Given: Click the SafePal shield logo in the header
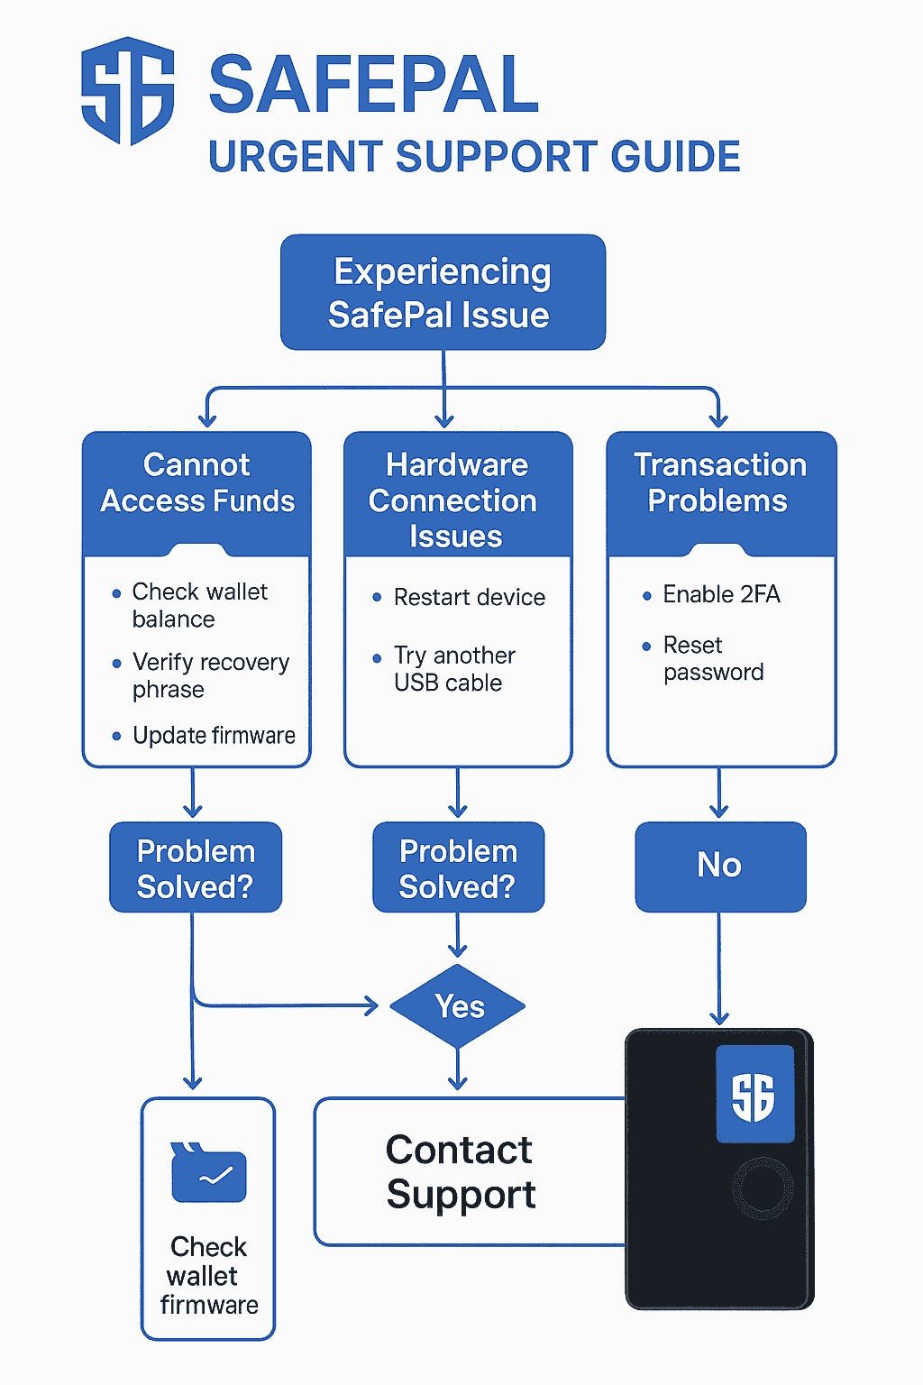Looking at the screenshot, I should tap(127, 91).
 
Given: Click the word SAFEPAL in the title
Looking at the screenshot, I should tap(373, 86).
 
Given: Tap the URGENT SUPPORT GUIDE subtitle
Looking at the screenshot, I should tap(474, 157).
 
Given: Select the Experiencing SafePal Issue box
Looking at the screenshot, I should tap(443, 292).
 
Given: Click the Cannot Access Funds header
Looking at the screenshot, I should tap(196, 483).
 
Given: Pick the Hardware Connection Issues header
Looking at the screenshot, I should tap(457, 500).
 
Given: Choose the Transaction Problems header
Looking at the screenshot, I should tap(719, 483).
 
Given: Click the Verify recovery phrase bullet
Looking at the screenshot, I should tap(210, 675).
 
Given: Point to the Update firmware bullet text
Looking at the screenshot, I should tap(214, 736).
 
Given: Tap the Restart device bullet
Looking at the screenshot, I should tap(469, 597).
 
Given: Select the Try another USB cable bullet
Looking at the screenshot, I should tap(454, 669).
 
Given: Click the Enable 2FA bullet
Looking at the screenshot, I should tap(721, 594).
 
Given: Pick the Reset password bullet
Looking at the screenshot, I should tap(713, 658).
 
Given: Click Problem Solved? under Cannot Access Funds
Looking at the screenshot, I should tap(196, 868).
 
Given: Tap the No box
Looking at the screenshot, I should tap(720, 866).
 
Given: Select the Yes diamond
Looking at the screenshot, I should tap(459, 1006).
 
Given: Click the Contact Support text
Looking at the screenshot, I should tap(461, 1171).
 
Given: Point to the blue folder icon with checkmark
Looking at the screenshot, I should tap(208, 1173).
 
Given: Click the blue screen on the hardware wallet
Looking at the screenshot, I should tap(754, 1095).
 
